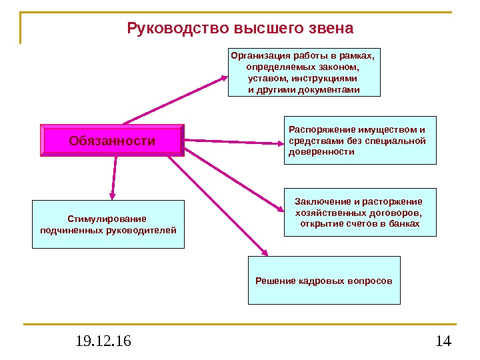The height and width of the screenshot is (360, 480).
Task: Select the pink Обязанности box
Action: coord(112,141)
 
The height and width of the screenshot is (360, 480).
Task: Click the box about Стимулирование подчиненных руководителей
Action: coord(108,224)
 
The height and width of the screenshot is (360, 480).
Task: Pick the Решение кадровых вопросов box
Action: coord(324,280)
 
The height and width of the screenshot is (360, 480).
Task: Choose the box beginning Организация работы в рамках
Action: coord(304,71)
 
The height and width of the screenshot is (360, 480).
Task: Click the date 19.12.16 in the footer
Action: coord(103,342)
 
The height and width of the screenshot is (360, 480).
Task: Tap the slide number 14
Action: coord(443,342)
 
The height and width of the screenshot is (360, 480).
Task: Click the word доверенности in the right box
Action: coord(321,152)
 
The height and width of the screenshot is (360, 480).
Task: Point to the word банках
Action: coord(405,223)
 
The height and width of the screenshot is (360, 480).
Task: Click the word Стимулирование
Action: coord(107,219)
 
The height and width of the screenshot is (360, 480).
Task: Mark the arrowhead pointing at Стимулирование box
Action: coord(113,195)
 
